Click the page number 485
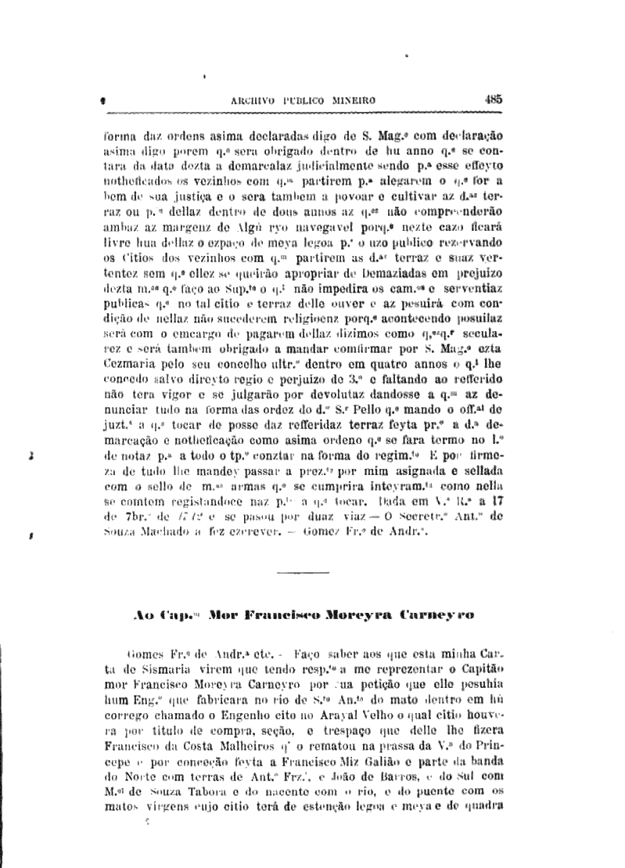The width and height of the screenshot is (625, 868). click(x=493, y=99)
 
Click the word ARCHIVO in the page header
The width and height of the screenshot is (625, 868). click(x=255, y=100)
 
